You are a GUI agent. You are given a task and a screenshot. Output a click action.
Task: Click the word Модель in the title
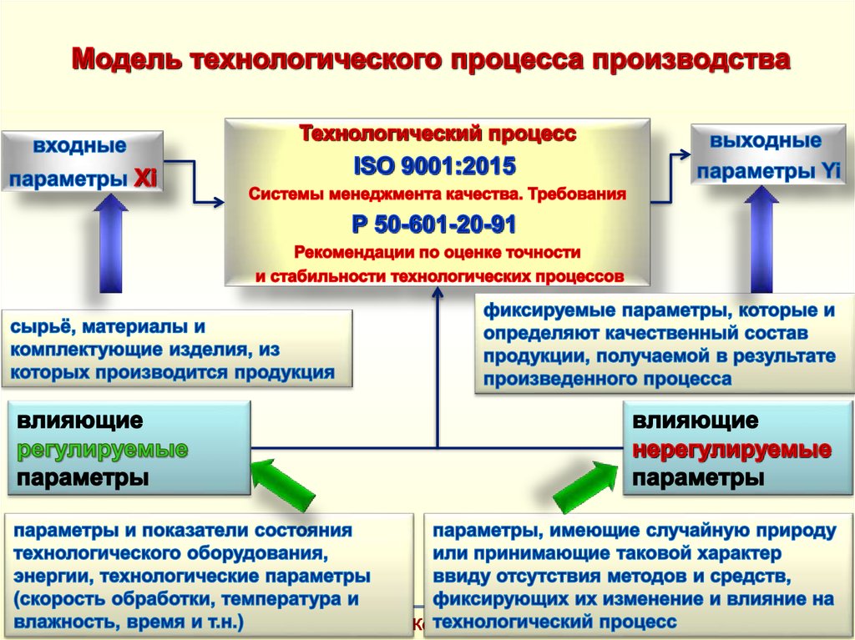[x=125, y=60]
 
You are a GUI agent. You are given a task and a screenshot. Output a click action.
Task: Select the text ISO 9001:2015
[x=437, y=166]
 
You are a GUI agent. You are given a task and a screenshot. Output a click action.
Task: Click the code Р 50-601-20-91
[x=437, y=224]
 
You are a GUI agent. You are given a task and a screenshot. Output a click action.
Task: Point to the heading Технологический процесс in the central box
[x=437, y=134]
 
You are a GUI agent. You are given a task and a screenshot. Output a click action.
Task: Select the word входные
[x=80, y=147]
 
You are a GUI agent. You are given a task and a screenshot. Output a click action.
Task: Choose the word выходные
[x=766, y=140]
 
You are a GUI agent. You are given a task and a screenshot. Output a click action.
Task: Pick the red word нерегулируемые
[x=731, y=450]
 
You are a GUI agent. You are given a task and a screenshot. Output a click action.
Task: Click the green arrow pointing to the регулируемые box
[x=281, y=485]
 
